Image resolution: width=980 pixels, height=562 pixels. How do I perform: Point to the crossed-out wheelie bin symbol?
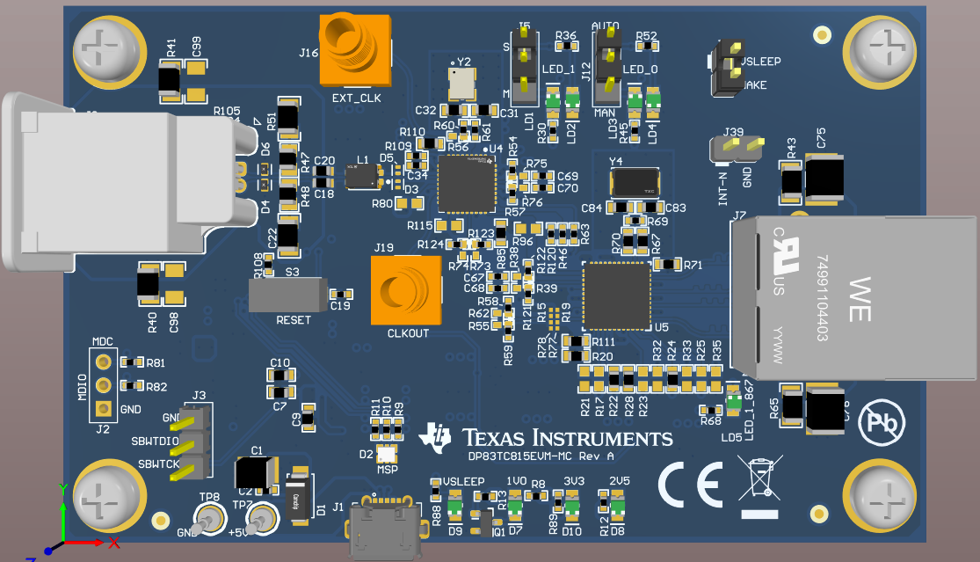pos(761,483)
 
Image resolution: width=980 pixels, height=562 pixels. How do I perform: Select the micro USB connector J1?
pos(386,528)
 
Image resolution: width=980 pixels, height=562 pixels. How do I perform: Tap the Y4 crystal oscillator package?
pos(636,183)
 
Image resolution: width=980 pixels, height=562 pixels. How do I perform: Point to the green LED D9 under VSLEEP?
pos(454,505)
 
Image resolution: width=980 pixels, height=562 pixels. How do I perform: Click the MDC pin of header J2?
pos(103,361)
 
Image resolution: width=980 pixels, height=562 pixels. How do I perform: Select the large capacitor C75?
pos(824,179)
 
